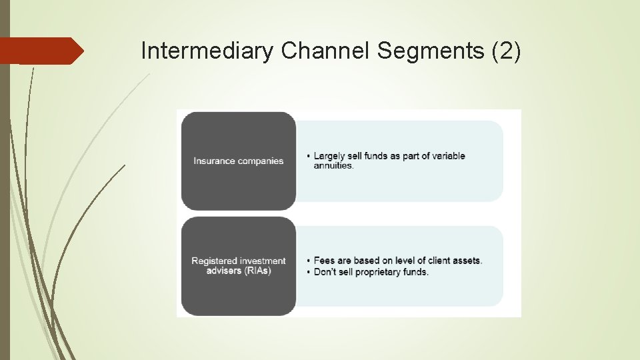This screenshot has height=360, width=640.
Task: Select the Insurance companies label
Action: pos(238,161)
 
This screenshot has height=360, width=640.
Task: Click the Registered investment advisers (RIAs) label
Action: pos(238,266)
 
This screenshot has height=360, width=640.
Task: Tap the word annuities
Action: pos(333,166)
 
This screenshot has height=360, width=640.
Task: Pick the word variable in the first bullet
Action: pos(448,156)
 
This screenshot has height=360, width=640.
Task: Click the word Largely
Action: pos(329,156)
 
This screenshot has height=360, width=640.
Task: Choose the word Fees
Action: pos(324,261)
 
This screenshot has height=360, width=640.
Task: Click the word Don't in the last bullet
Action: pos(325,272)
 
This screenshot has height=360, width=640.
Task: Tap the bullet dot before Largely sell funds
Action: pos(308,157)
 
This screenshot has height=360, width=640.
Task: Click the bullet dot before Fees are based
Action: pos(308,261)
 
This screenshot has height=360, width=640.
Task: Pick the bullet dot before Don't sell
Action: pos(308,273)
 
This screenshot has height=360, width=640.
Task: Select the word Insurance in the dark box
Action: pos(213,161)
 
